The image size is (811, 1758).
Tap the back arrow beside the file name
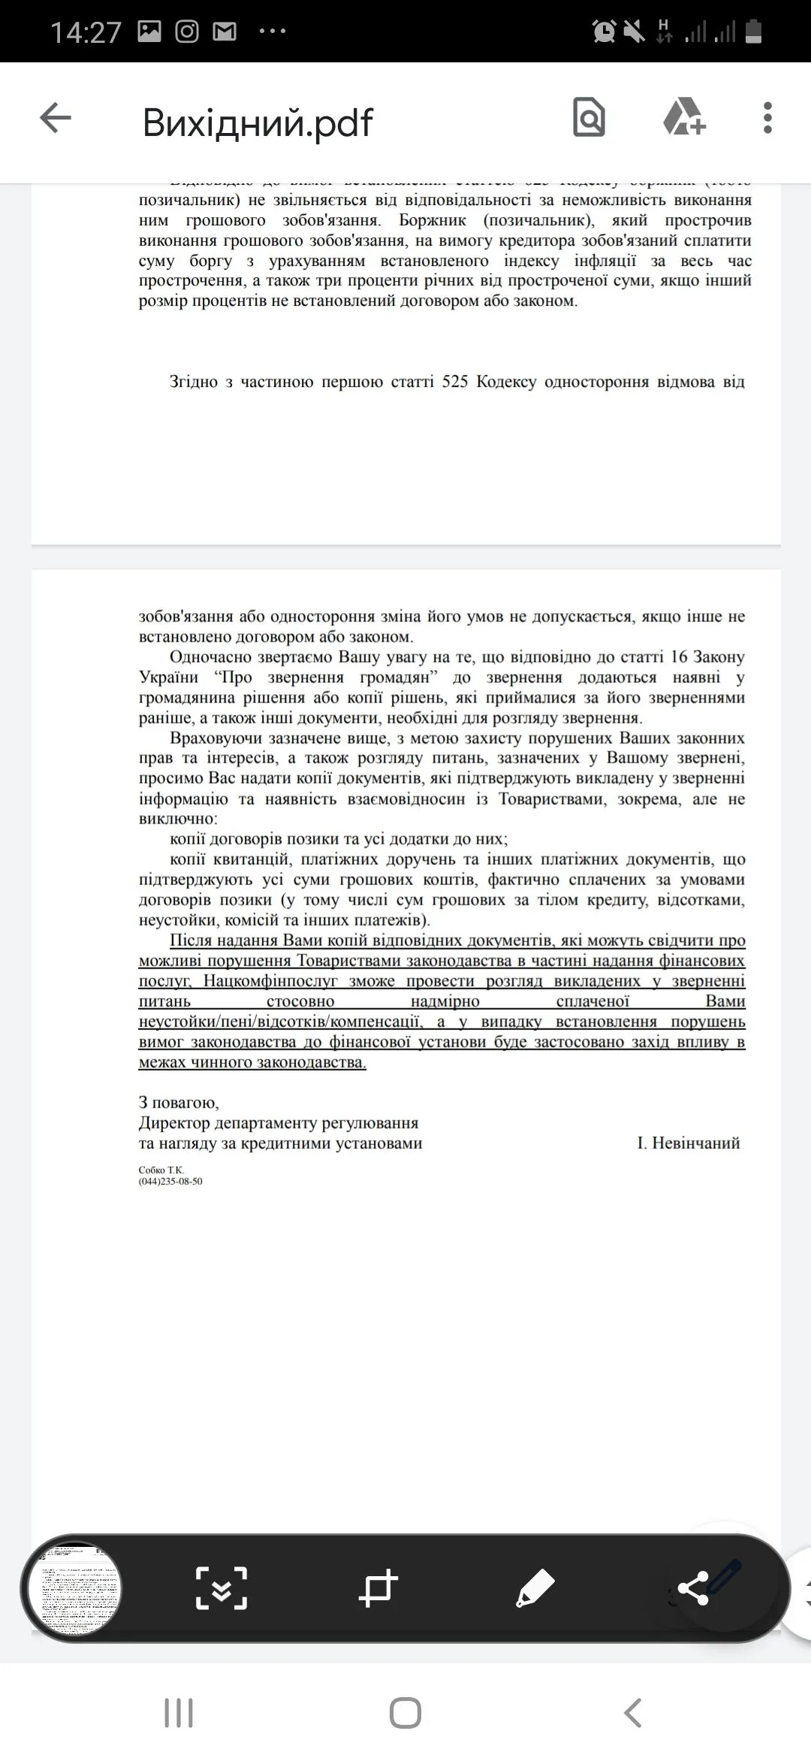[56, 119]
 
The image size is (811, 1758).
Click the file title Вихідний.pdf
[258, 122]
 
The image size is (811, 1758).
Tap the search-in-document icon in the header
[589, 118]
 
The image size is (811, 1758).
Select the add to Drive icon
[684, 118]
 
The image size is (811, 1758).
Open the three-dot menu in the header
[767, 118]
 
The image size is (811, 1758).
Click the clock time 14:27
[86, 32]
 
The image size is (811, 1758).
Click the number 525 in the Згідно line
[455, 382]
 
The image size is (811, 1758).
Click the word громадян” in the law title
[392, 678]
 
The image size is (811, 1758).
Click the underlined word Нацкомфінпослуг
[270, 981]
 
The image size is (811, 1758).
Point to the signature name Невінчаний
[696, 1143]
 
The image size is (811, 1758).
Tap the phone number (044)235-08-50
[170, 1182]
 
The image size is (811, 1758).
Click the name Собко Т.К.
[161, 1170]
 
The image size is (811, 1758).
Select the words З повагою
[179, 1103]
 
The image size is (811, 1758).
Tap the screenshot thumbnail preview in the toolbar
[74, 1590]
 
